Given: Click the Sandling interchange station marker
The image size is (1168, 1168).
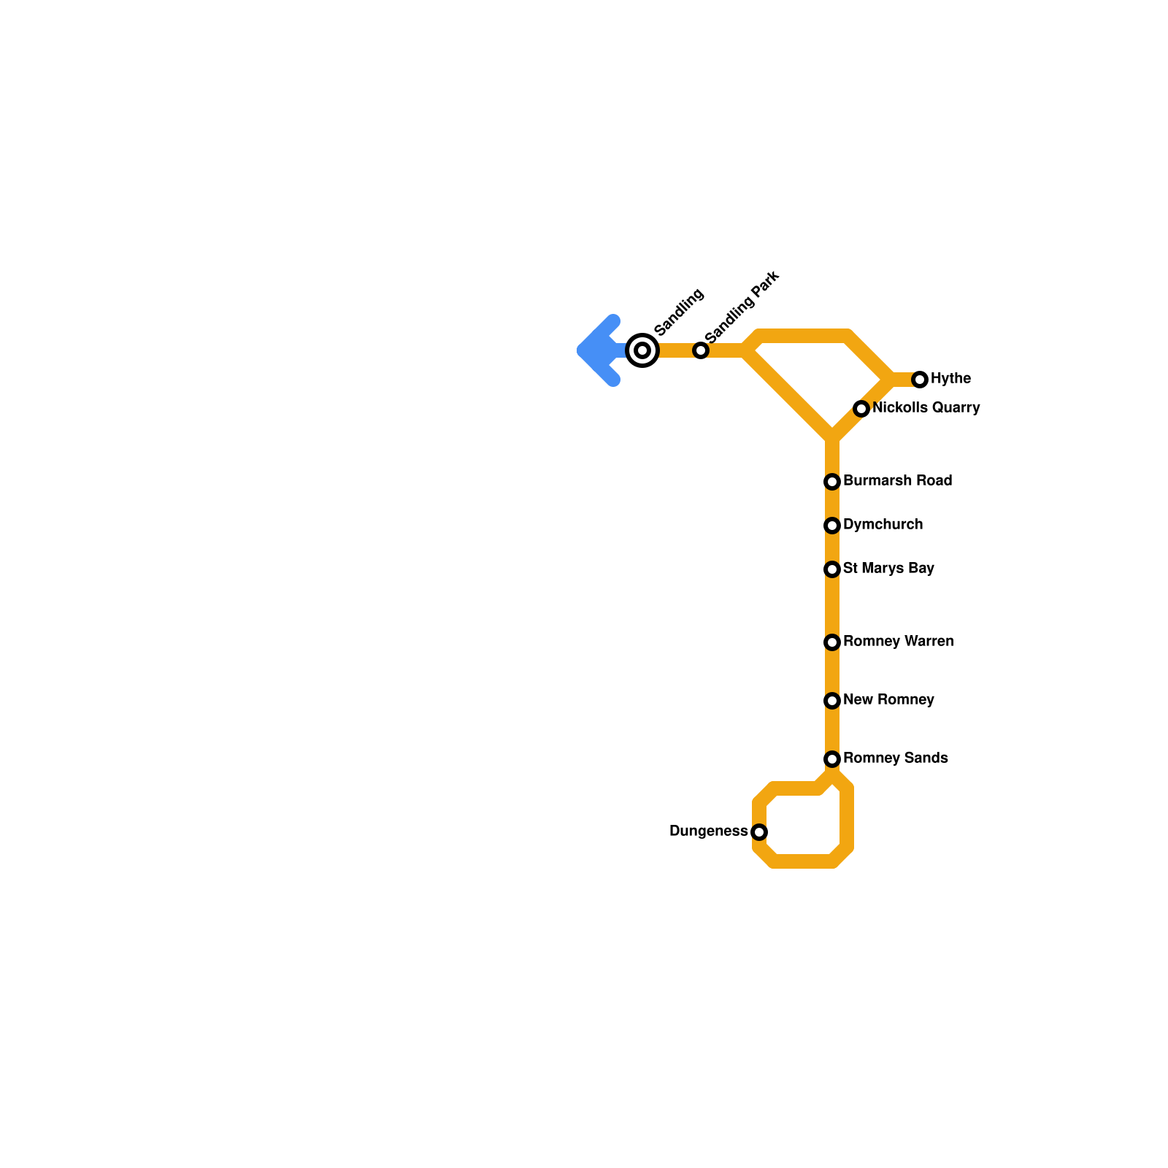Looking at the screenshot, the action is (x=642, y=350).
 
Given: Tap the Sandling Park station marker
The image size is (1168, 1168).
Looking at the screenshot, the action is (x=701, y=350).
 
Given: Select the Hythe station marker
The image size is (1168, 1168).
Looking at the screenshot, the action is (x=920, y=380).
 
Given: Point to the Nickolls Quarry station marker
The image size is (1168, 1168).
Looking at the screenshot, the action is (x=861, y=409).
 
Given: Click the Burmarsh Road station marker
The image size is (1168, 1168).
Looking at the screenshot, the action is (x=832, y=482).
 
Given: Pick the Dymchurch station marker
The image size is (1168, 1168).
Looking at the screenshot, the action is (x=832, y=526).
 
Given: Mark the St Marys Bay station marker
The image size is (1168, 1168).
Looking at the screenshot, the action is (x=832, y=569).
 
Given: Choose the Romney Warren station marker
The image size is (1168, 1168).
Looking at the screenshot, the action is (x=832, y=642).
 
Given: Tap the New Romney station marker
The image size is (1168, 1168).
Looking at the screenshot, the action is (x=832, y=701).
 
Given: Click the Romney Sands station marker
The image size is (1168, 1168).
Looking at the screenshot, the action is (x=832, y=759).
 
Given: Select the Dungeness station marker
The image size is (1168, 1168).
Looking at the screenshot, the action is (x=759, y=832).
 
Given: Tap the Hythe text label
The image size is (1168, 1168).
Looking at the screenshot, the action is (x=950, y=378).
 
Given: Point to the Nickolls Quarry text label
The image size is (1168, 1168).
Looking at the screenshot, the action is (x=926, y=407).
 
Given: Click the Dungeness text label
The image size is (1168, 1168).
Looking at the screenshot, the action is (x=708, y=831).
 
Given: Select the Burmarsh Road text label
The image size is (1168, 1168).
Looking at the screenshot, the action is (x=897, y=480).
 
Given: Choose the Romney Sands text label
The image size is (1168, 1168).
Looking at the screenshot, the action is (x=895, y=758).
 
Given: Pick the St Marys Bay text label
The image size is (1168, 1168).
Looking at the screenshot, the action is (x=888, y=568).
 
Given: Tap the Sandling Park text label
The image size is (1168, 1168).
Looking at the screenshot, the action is (x=742, y=307).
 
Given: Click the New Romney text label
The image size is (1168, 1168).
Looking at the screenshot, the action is (x=888, y=699).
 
